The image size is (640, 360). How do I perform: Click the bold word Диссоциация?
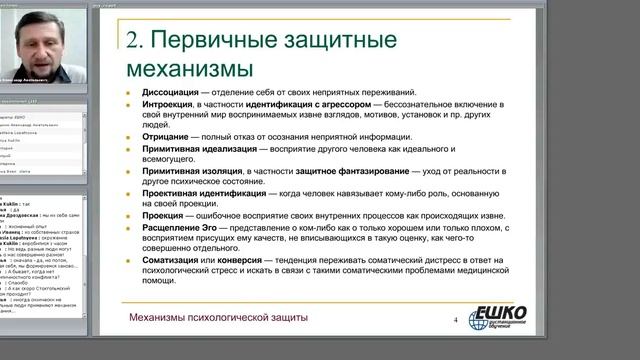pyautogui.click(x=171, y=95)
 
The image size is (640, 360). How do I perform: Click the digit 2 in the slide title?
pyautogui.click(x=132, y=40)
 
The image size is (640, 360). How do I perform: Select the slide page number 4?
pyautogui.click(x=455, y=320)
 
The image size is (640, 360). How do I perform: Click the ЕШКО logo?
pyautogui.click(x=497, y=318)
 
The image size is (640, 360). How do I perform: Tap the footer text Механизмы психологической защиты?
pyautogui.click(x=219, y=318)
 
